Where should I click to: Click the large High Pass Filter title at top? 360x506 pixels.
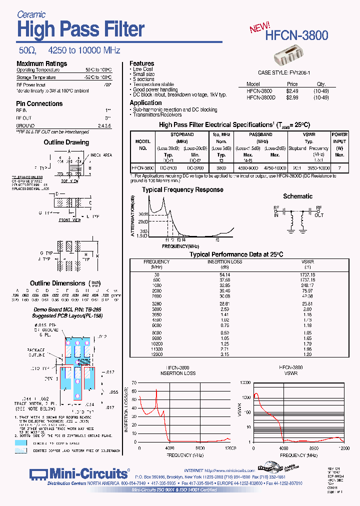pos(80,29)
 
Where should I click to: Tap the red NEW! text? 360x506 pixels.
pos(260,27)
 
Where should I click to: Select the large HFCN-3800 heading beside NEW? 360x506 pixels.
pos(297,35)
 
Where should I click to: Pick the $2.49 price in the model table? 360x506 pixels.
pos(292,91)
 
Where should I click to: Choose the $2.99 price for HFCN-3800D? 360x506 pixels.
pos(292,97)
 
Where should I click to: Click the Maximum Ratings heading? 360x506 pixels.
pos(41,63)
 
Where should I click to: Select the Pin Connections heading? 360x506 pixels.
pos(39,103)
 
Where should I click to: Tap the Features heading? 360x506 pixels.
pos(141,63)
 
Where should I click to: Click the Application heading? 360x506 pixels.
pos(145,102)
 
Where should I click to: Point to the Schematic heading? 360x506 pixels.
pos(297,196)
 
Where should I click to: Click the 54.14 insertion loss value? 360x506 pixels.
pos(224,274)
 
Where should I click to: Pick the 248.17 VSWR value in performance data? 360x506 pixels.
pos(307,285)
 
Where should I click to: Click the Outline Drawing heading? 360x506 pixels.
pos(66,142)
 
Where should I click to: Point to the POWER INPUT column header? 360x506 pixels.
pos(339,137)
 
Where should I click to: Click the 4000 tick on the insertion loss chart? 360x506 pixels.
pos(170,447)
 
